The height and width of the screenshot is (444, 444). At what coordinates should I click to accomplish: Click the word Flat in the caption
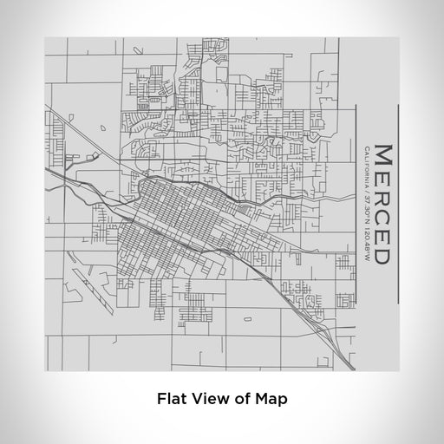(172, 400)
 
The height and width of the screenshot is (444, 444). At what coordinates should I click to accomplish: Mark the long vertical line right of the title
(398, 204)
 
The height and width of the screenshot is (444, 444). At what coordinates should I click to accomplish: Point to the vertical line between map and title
(356, 204)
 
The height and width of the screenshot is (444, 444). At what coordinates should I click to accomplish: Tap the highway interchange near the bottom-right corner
(325, 329)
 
